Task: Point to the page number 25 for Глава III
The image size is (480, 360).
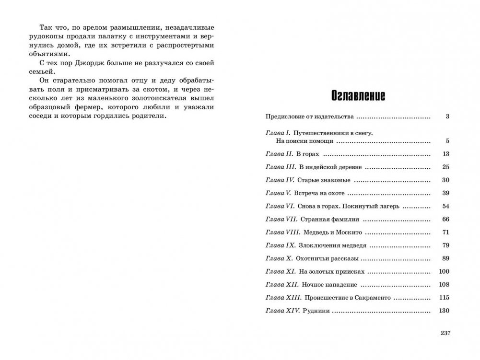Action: coord(445,167)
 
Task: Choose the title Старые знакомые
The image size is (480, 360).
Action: coord(324,180)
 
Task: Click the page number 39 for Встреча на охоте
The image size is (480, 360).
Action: coord(445,193)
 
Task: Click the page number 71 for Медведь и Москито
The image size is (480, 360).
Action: coord(445,232)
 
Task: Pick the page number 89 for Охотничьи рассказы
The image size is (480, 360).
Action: coord(445,258)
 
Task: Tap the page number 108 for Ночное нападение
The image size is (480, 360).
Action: coord(444,285)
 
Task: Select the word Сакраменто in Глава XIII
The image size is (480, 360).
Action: coord(372,298)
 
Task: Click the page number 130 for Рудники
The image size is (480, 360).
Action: coord(444,311)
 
